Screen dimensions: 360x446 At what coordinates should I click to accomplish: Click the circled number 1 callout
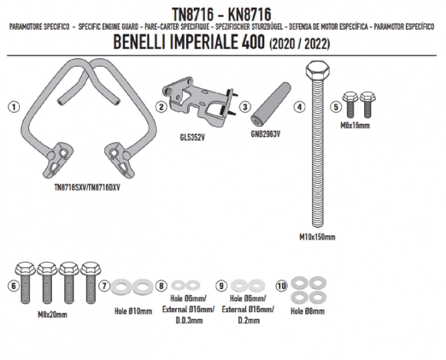pos(14,107)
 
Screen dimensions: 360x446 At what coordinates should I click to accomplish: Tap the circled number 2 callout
pos(161,107)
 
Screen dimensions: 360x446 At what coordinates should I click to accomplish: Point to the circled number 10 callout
pos(282,286)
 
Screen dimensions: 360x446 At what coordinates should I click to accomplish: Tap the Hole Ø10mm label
pos(133,311)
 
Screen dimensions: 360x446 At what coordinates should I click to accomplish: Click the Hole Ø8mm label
pos(307,311)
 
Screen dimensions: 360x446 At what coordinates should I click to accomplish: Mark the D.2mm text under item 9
pos(248,320)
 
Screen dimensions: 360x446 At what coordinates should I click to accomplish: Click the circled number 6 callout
pos(14,286)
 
